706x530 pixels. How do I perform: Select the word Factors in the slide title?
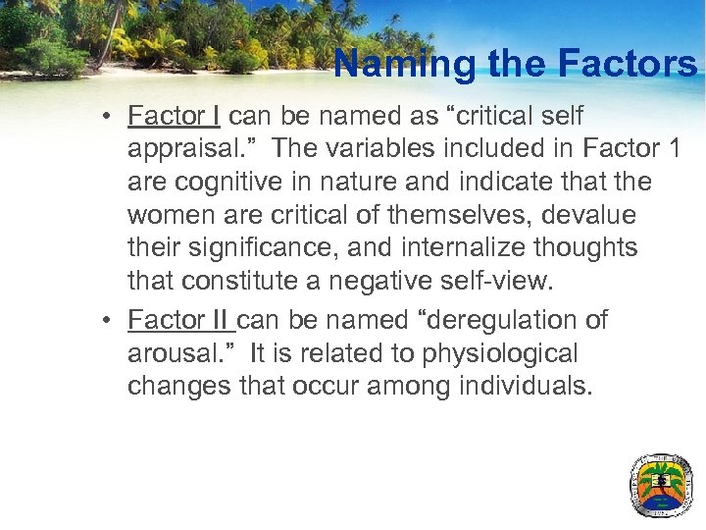[627, 65]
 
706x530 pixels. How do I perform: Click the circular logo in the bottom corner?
[661, 484]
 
